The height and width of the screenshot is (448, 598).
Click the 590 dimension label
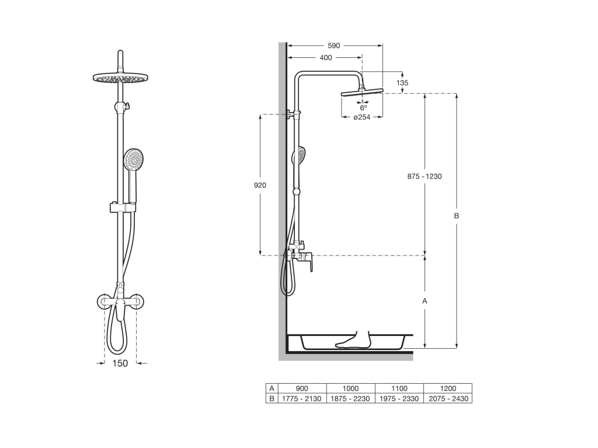tap(333, 45)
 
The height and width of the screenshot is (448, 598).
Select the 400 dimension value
tap(326, 58)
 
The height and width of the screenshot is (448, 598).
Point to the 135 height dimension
tap(402, 83)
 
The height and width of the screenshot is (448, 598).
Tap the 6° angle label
tap(363, 108)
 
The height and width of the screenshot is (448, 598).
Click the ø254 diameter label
tap(361, 117)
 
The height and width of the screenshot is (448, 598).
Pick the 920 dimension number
tap(260, 185)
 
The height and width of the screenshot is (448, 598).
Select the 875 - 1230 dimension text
tap(425, 176)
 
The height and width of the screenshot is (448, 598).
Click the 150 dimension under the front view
tap(120, 363)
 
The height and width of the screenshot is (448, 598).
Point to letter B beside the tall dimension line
tap(456, 216)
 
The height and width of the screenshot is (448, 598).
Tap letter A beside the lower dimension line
tap(425, 301)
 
